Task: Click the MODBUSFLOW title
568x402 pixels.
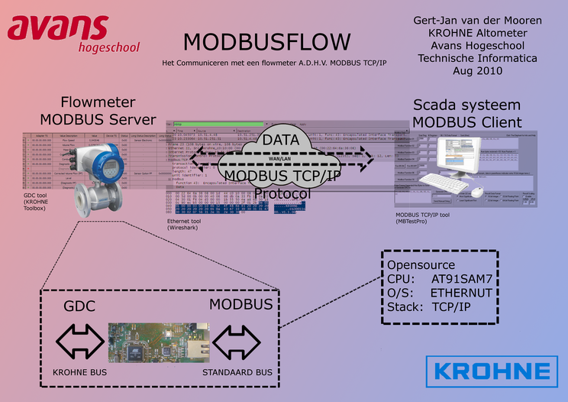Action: [x=266, y=41]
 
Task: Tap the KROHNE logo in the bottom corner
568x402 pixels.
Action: [x=492, y=371]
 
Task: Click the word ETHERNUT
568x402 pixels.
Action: [x=461, y=293]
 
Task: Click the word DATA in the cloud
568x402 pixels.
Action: [x=281, y=140]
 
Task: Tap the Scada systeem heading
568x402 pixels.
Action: [x=467, y=105]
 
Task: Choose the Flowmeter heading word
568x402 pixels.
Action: [x=98, y=102]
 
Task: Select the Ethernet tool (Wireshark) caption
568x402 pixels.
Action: [x=192, y=223]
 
